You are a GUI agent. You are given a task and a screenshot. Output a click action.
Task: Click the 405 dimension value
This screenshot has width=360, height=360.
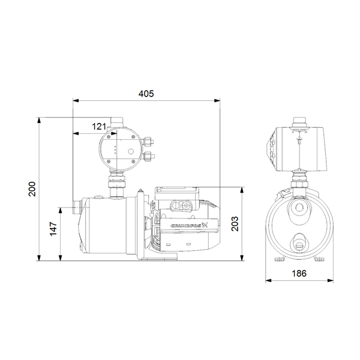pyautogui.click(x=146, y=93)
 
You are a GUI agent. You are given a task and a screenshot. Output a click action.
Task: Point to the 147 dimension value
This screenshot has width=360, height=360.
pyautogui.click(x=53, y=228)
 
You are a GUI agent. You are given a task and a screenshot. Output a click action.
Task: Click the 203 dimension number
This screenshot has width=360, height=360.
pyautogui.click(x=235, y=223)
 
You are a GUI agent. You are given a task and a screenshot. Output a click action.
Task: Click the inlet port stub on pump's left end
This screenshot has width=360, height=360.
pyautogui.click(x=75, y=211)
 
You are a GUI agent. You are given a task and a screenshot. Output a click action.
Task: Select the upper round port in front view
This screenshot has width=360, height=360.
pyautogui.click(x=298, y=209)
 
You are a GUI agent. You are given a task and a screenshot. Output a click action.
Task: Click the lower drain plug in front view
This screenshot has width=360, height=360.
pyautogui.click(x=298, y=244)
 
